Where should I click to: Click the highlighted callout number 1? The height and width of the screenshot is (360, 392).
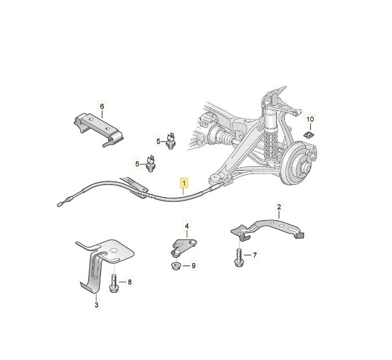184,183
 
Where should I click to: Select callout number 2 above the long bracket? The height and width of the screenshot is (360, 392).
279,207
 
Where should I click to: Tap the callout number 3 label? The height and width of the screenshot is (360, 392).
96,305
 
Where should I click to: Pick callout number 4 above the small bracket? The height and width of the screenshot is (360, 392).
187,226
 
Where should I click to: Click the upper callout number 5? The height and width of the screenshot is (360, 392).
158,141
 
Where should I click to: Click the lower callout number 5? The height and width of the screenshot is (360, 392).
137,164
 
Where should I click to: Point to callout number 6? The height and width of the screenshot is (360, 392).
102,106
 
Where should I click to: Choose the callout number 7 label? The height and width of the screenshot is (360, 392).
255,255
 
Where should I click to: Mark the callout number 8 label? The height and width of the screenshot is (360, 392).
130,282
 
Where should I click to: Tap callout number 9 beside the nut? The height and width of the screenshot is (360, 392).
193,266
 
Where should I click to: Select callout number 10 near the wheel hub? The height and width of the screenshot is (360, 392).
310,119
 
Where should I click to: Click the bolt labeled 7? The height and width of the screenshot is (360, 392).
239,257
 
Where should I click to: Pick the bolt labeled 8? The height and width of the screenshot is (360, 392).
114,283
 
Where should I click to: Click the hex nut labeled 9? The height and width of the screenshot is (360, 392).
176,265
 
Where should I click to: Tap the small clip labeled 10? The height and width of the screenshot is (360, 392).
309,135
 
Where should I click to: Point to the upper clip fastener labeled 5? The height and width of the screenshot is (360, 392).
171,141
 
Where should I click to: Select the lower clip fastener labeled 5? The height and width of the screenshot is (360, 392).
150,164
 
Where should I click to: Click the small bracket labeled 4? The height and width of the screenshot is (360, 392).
184,247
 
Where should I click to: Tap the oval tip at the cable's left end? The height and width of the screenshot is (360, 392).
60,205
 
